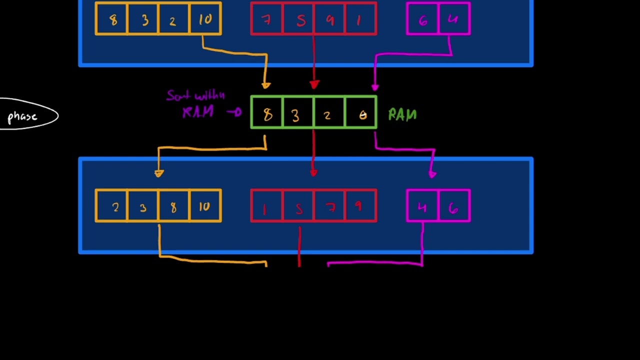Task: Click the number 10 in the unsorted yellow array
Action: pyautogui.click(x=205, y=19)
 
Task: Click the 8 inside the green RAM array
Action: pyautogui.click(x=268, y=115)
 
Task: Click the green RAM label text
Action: pyautogui.click(x=402, y=115)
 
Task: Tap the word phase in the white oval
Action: pyautogui.click(x=22, y=117)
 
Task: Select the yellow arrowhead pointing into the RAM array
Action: pyautogui.click(x=266, y=85)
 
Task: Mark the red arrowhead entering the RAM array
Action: pyautogui.click(x=314, y=85)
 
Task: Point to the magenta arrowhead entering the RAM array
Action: pyautogui.click(x=375, y=87)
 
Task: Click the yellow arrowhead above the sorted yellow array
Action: pyautogui.click(x=159, y=173)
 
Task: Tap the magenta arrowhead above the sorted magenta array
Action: pyautogui.click(x=432, y=174)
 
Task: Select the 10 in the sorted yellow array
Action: pyautogui.click(x=204, y=206)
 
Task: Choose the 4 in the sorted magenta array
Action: pyautogui.click(x=422, y=207)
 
